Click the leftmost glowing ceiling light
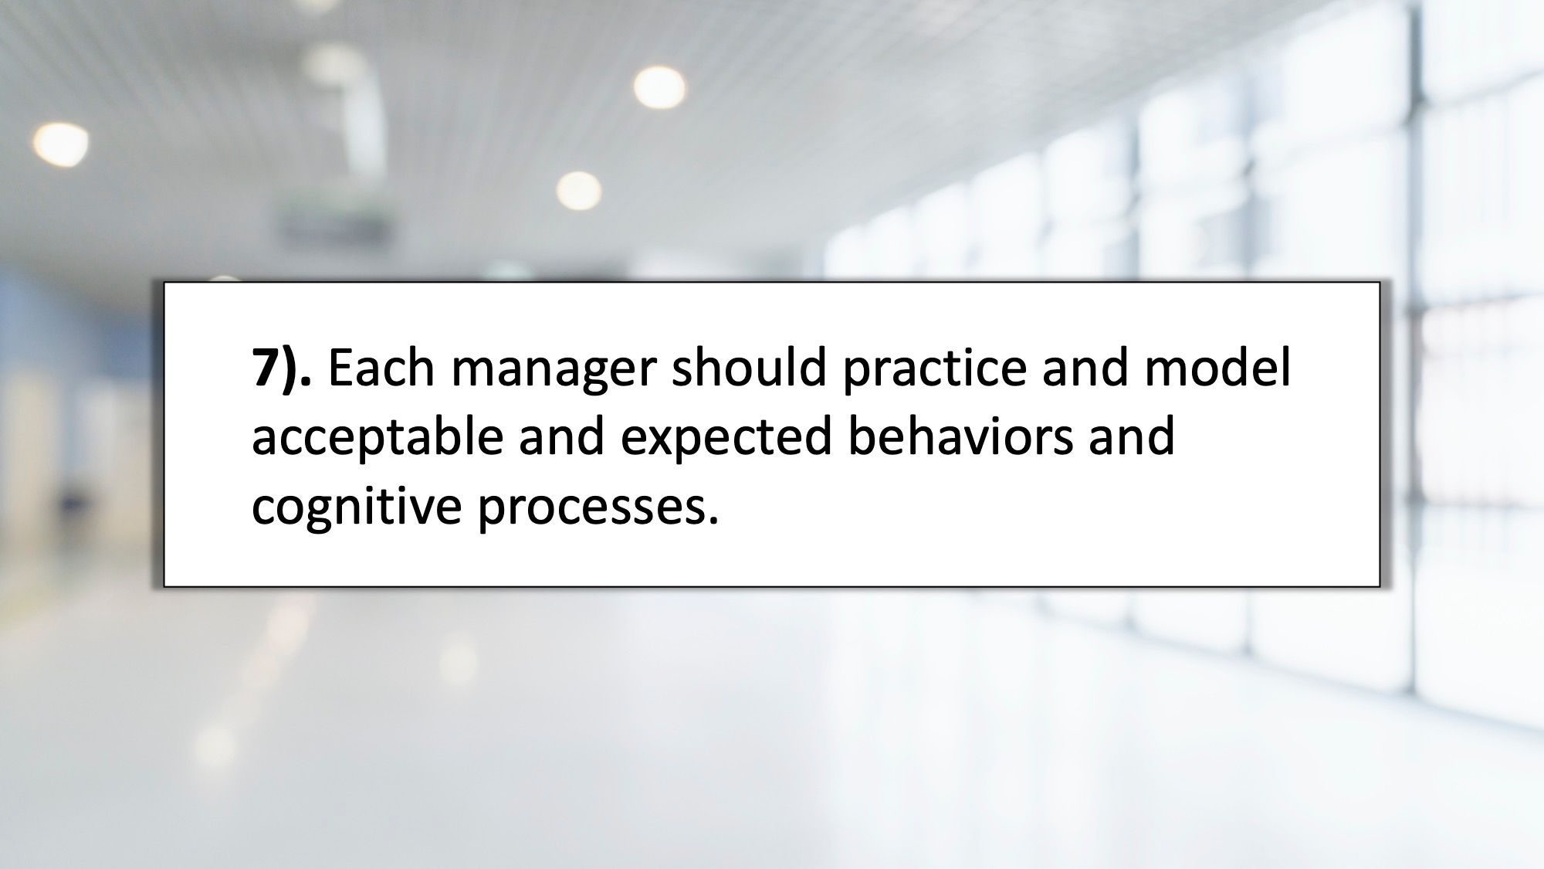[x=60, y=143]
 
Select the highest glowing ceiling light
[x=659, y=86]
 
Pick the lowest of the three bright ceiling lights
[x=578, y=190]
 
